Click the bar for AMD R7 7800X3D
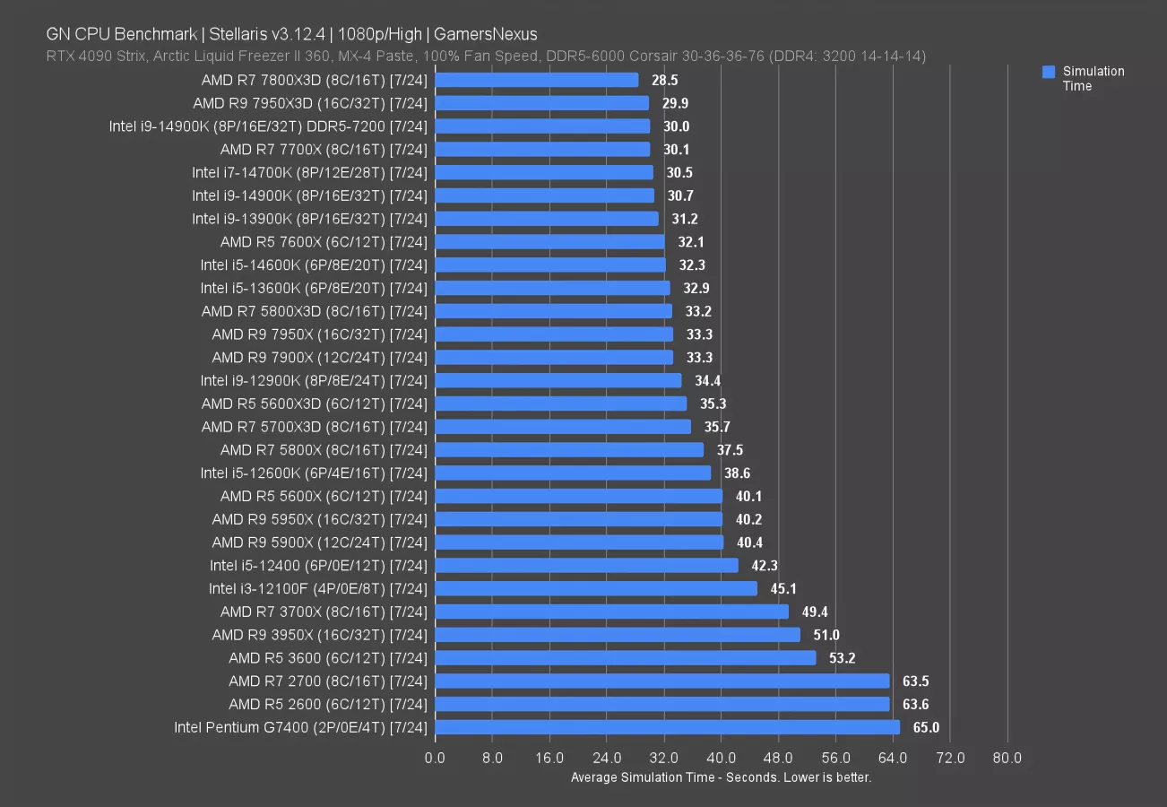coord(536,80)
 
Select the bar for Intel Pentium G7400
coord(667,727)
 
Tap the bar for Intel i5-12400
coord(586,566)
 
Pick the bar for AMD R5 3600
coord(625,658)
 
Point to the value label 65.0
coord(925,727)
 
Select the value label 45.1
coord(782,589)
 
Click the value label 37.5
coord(729,450)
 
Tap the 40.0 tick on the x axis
coord(721,759)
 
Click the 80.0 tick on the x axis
coord(1007,759)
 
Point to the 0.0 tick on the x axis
coord(435,759)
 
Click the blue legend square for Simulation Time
coord(1049,72)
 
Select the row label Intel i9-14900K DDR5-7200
coord(268,126)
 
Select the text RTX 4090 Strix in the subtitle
coord(90,56)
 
